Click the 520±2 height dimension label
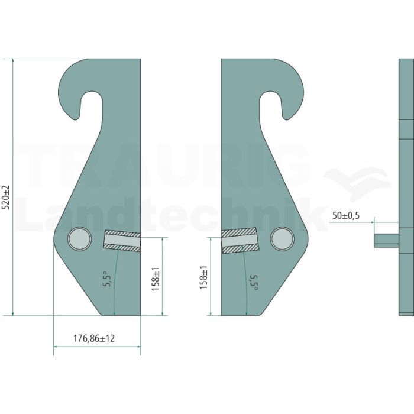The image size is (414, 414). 6,198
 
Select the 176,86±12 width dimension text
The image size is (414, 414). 94,338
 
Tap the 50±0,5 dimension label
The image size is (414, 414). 346,216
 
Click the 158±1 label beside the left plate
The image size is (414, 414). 155,279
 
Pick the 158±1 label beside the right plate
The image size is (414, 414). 203,277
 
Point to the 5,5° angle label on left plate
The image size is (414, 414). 107,279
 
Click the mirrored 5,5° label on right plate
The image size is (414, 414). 254,283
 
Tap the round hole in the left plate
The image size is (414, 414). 80,239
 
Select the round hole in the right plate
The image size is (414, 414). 282,239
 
